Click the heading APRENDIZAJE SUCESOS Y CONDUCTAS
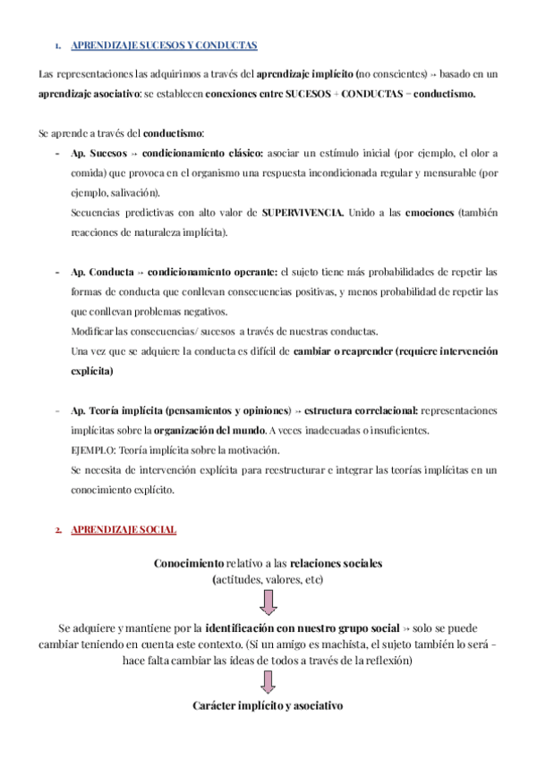click(163, 45)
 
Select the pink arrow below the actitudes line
click(268, 599)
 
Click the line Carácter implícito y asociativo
click(268, 705)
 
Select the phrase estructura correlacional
click(361, 410)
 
